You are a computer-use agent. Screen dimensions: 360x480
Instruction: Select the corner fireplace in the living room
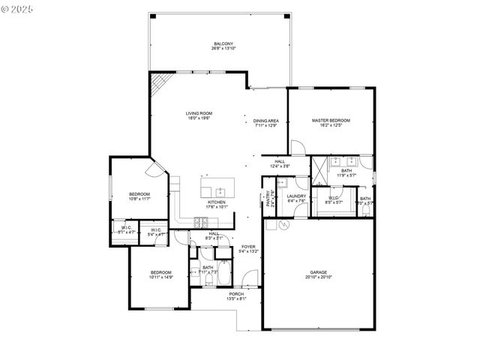158,86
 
